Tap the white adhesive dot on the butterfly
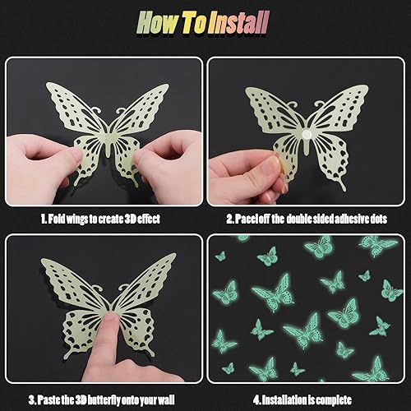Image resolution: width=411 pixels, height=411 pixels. click(305, 134)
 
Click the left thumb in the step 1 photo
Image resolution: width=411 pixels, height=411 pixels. click(72, 156)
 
